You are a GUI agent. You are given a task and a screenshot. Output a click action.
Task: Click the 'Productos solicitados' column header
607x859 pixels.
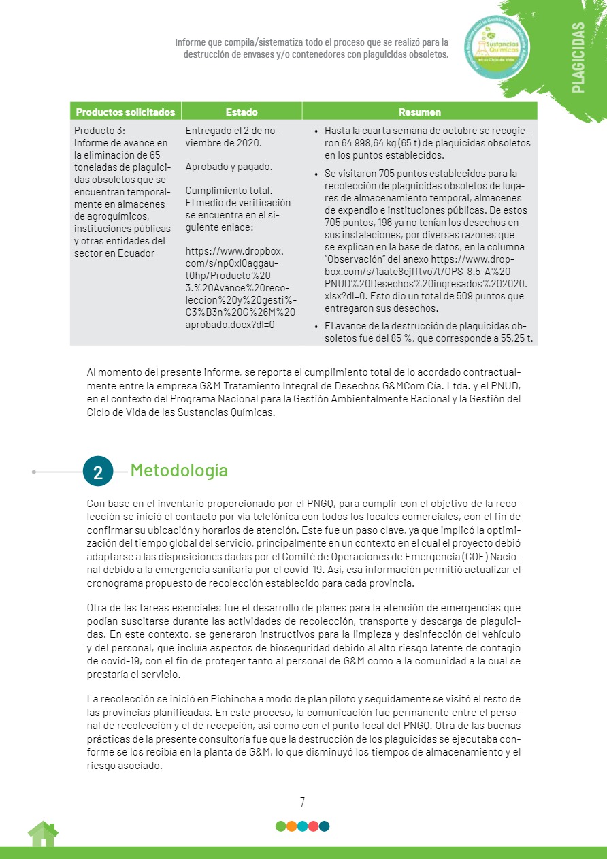[125, 112]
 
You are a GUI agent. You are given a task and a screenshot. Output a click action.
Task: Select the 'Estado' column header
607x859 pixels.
[242, 112]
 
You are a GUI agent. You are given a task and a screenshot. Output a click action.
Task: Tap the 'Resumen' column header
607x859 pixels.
[420, 112]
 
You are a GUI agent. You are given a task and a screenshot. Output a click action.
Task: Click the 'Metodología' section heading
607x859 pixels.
[179, 470]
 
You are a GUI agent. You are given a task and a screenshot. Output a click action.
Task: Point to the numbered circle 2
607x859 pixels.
[98, 472]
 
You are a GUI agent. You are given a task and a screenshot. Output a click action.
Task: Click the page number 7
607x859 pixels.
[303, 802]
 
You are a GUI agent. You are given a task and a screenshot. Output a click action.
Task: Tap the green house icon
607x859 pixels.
[43, 834]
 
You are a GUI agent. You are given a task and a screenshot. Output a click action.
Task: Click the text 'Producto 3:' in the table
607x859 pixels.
[100, 131]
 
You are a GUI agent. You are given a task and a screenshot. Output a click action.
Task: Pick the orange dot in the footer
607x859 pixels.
[291, 826]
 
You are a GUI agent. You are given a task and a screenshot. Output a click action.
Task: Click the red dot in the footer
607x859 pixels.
[313, 826]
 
